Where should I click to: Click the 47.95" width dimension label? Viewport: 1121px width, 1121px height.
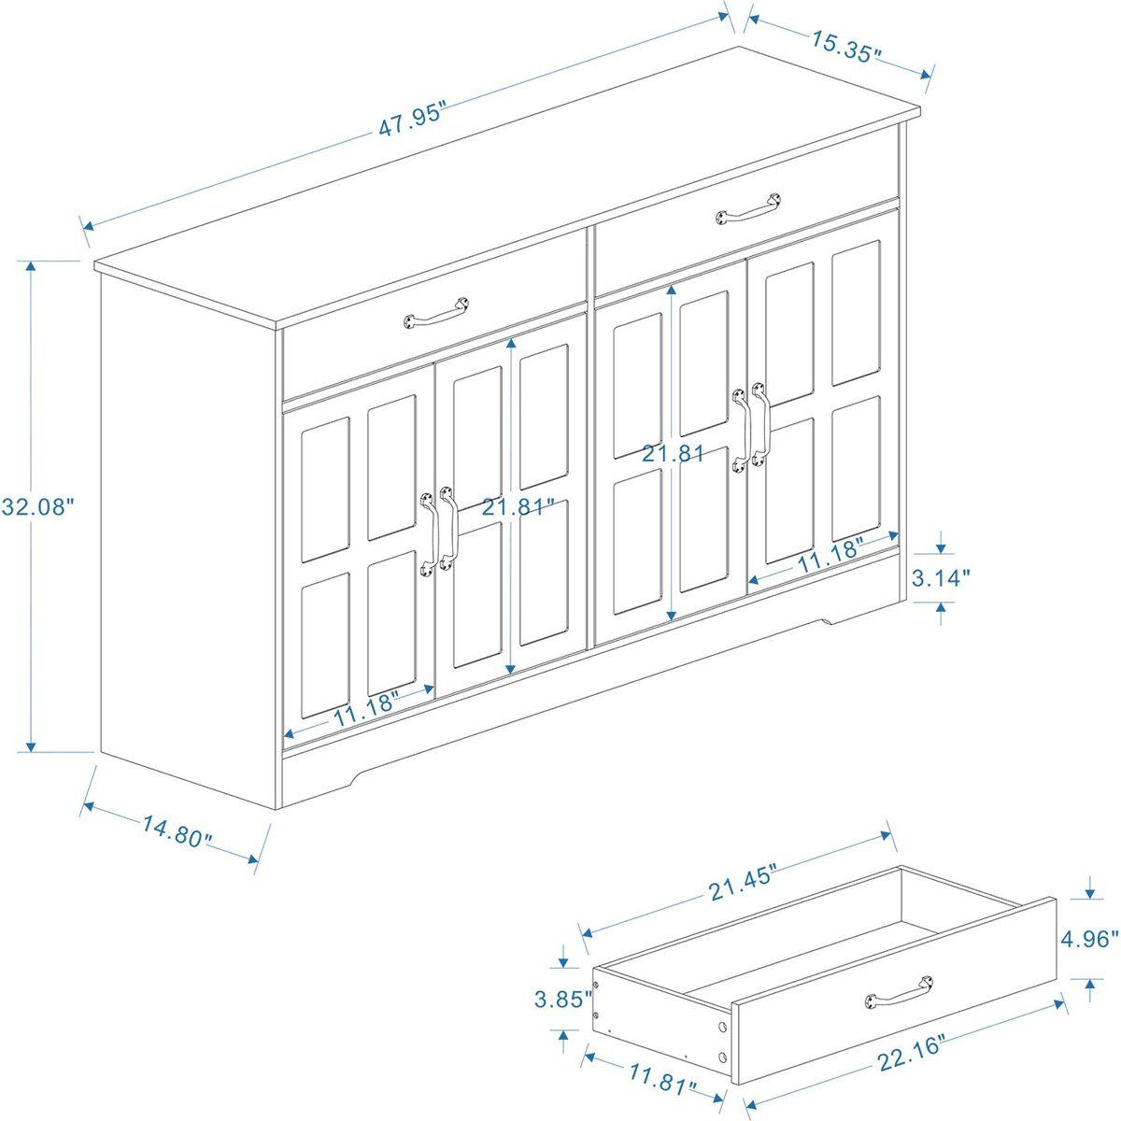pos(414,122)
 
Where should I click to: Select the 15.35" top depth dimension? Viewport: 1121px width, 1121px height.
pos(845,48)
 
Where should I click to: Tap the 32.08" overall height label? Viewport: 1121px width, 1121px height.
pos(37,508)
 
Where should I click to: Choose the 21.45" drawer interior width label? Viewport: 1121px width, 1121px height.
pos(743,883)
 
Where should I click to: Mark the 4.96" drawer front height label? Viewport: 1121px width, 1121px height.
pos(1088,937)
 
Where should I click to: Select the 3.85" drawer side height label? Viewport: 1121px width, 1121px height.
pos(563,999)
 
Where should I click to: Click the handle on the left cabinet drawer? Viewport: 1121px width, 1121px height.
pos(436,313)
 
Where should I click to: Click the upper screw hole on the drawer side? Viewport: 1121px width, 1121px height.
pos(721,1028)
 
